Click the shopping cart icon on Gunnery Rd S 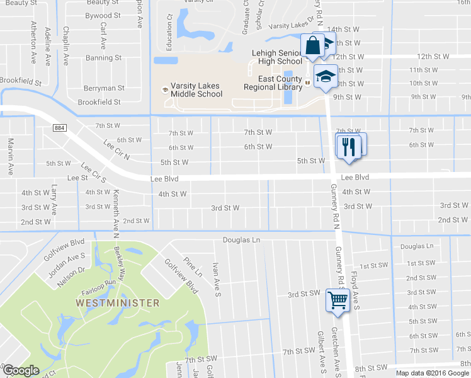click(x=338, y=299)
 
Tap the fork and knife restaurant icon click(x=348, y=147)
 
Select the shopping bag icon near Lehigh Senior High click(x=312, y=46)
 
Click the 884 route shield click(x=60, y=128)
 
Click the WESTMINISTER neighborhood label click(x=117, y=303)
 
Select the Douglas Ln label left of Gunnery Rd click(x=241, y=240)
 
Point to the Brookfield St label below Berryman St click(x=99, y=102)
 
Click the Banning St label click(x=103, y=58)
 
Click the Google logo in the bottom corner click(x=21, y=370)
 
